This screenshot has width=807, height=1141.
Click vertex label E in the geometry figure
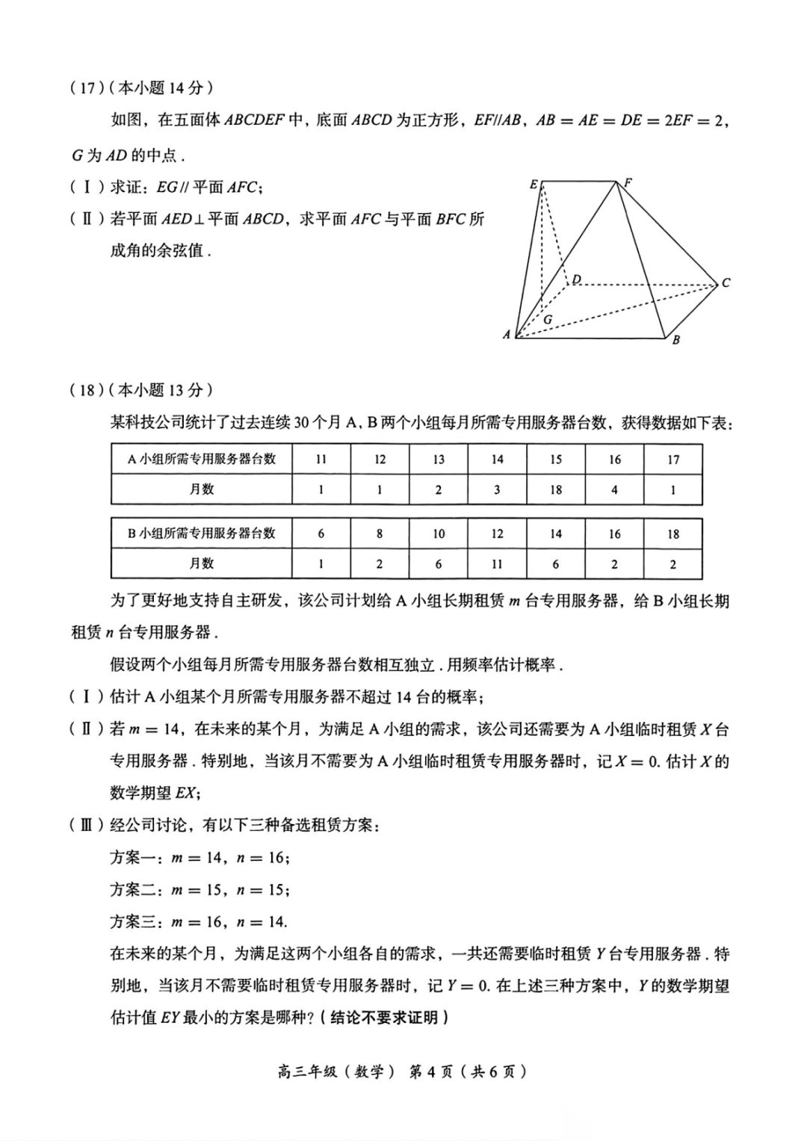534,184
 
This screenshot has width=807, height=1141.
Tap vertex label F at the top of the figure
628,182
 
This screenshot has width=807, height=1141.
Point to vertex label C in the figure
726,283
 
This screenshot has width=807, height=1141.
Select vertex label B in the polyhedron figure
675,340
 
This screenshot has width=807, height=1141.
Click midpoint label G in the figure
548,319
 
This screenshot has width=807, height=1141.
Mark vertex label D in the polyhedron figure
576,279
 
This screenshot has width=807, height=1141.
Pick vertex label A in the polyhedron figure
507,335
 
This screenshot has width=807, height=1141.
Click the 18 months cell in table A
555,490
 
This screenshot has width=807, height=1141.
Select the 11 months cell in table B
497,564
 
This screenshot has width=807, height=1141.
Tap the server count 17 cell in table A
672,460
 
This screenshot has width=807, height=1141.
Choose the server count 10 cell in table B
438,534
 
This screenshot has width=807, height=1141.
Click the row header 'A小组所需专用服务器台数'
201,459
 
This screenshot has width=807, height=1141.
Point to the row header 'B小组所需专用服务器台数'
201,533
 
